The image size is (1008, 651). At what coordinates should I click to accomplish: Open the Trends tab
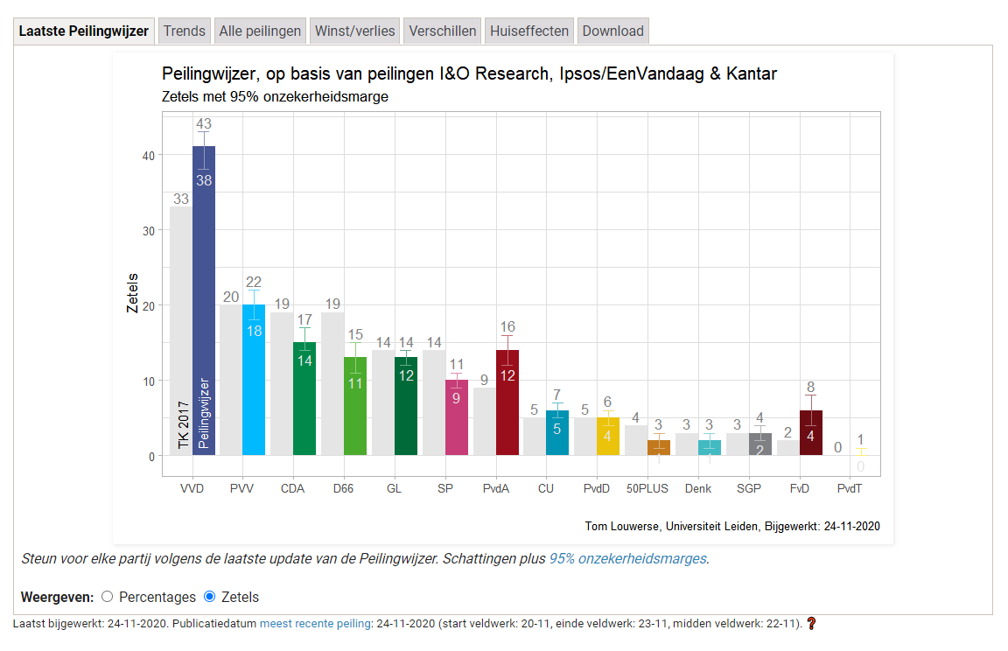pyautogui.click(x=184, y=31)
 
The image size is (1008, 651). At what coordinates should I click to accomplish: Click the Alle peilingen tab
pyautogui.click(x=260, y=31)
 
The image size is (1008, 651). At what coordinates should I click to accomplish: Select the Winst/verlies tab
pyautogui.click(x=355, y=31)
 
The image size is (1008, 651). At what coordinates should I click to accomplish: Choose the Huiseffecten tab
pyautogui.click(x=529, y=31)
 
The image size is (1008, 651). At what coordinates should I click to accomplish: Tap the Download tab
pyautogui.click(x=612, y=31)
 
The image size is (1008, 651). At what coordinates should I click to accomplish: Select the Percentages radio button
pyautogui.click(x=108, y=597)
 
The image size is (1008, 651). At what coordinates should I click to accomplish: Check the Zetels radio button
pyautogui.click(x=209, y=597)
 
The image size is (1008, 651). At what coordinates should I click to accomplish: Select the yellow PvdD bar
pyautogui.click(x=608, y=437)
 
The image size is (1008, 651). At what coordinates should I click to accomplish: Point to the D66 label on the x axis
pyautogui.click(x=343, y=488)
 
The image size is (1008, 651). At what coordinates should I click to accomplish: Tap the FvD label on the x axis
pyautogui.click(x=799, y=488)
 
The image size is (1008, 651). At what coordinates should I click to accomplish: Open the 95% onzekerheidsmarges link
pyautogui.click(x=627, y=558)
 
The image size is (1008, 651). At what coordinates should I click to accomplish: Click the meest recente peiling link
pyautogui.click(x=315, y=624)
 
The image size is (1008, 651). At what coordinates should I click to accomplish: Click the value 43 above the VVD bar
pyautogui.click(x=204, y=124)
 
